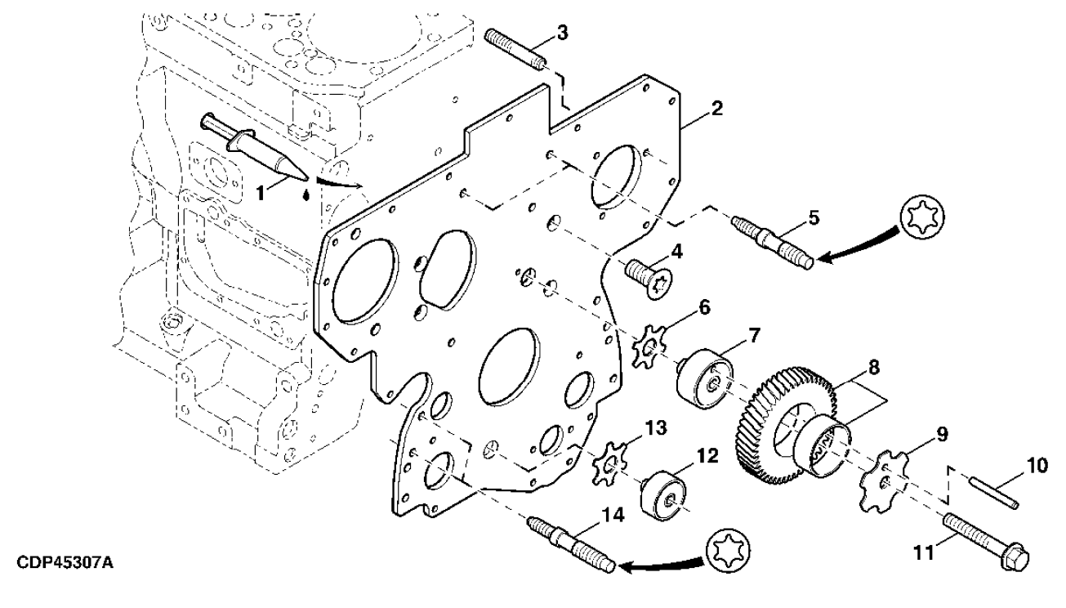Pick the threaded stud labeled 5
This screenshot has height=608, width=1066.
pos(772,240)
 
